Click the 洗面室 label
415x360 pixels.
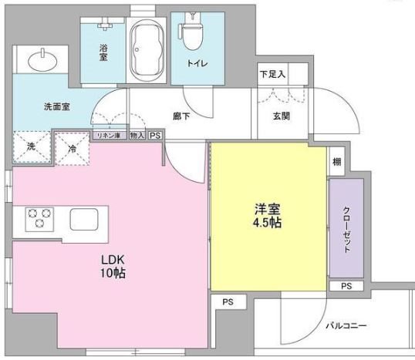tap(57, 107)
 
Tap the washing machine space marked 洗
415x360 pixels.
tap(31, 146)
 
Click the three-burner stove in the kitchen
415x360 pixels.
tap(37, 218)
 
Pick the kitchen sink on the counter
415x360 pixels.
tap(85, 219)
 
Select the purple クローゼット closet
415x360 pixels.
tap(346, 229)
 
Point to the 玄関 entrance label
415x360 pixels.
tap(281, 116)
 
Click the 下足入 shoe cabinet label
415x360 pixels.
tap(272, 75)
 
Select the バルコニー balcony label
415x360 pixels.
tap(345, 325)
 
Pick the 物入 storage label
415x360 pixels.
tap(137, 136)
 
